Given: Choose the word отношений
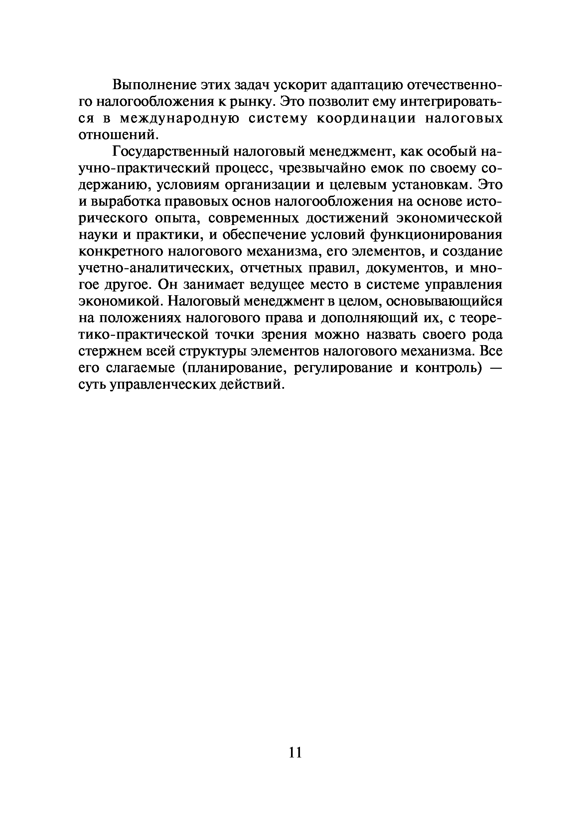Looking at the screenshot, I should pos(118,135).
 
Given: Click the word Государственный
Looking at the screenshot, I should pos(170,152).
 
